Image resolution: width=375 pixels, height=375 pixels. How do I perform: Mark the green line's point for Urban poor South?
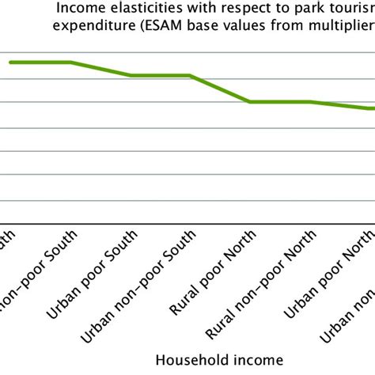pos(131,76)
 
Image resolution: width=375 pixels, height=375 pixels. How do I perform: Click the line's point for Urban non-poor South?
pos(191,76)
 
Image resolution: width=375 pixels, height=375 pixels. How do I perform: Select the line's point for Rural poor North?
pos(250,102)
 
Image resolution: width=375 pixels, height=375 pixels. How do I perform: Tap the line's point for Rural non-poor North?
pos(310,102)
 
